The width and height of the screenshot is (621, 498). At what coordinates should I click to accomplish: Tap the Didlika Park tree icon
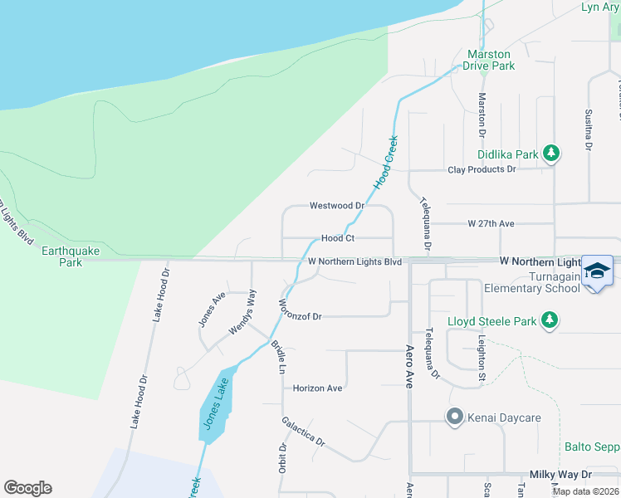(550, 154)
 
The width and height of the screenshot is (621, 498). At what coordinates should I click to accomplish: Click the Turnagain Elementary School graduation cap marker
(597, 273)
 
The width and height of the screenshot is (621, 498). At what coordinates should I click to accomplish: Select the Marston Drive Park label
(490, 60)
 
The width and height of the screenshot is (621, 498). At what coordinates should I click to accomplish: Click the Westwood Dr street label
(337, 205)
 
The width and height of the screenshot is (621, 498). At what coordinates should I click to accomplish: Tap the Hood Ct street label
(338, 237)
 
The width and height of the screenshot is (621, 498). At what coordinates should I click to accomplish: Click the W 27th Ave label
(491, 223)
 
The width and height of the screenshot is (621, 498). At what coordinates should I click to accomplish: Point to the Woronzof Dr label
(300, 315)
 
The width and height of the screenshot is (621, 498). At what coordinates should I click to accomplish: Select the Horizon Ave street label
(317, 388)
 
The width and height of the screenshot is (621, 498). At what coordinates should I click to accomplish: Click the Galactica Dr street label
(302, 431)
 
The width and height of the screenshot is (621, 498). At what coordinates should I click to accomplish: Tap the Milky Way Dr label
(563, 474)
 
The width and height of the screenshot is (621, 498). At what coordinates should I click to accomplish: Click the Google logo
(27, 488)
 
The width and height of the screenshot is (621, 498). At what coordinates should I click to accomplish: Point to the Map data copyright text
(585, 491)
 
